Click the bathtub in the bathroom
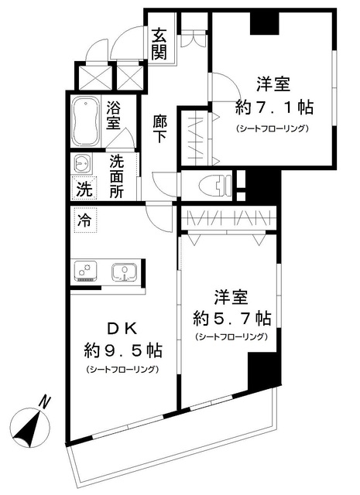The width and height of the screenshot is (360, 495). pyautogui.click(x=84, y=121)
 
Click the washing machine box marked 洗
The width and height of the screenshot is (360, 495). pyautogui.click(x=83, y=188)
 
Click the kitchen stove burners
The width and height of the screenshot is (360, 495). pyautogui.click(x=84, y=272)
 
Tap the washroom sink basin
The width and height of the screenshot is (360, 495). pyautogui.click(x=81, y=163)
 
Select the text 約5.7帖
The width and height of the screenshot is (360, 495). pyautogui.click(x=231, y=317)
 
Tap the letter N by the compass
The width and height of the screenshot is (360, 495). pyautogui.click(x=46, y=402)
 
